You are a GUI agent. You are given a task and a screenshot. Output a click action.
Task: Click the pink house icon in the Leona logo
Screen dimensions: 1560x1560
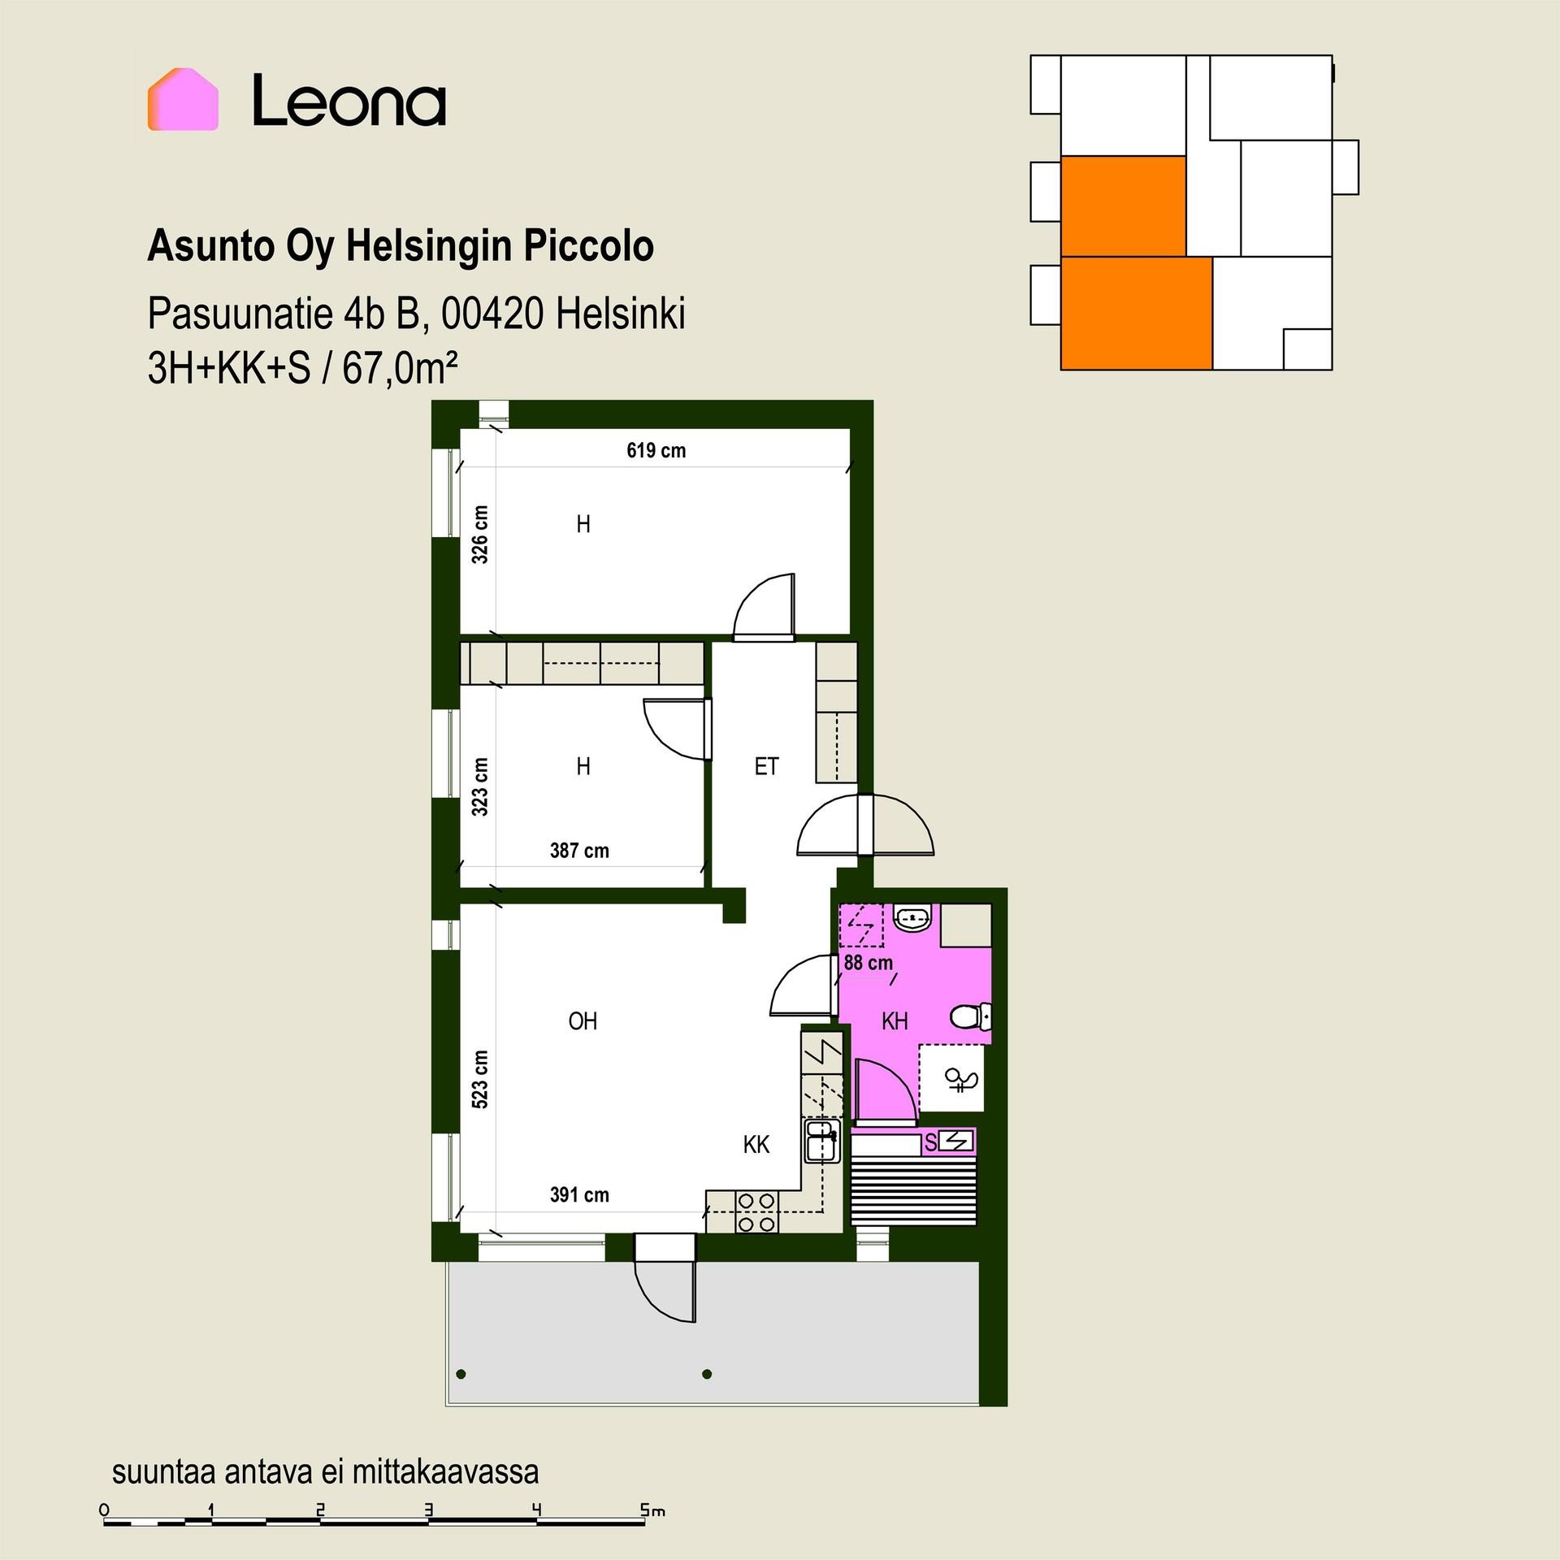click(x=183, y=100)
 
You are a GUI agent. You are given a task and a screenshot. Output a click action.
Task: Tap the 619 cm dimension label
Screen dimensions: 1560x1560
click(x=656, y=450)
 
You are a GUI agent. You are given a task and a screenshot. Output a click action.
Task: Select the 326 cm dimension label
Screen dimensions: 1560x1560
click(x=480, y=534)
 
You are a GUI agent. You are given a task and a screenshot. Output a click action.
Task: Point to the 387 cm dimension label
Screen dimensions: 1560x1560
click(x=579, y=851)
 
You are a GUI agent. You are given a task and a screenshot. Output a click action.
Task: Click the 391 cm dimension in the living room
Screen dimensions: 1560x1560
click(x=579, y=1194)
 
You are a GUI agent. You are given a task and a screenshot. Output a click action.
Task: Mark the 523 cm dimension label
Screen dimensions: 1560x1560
click(x=480, y=1079)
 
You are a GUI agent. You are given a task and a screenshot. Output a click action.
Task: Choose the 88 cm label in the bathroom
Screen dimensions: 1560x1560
click(x=869, y=963)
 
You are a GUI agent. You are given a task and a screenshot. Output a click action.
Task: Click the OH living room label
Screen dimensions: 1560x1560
click(x=583, y=1021)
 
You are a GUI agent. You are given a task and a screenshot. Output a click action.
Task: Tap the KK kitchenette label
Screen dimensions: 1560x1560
click(x=756, y=1145)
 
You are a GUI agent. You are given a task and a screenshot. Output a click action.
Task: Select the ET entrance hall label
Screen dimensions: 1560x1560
click(x=766, y=766)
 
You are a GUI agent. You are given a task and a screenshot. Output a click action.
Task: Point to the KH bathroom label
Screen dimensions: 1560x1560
click(x=895, y=1021)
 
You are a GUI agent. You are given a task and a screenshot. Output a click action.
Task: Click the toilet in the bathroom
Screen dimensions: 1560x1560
click(x=971, y=1016)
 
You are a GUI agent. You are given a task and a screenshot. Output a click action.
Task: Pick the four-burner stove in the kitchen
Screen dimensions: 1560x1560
click(x=756, y=1211)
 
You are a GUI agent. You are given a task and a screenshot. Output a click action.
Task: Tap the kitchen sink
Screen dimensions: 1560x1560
click(x=821, y=1142)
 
